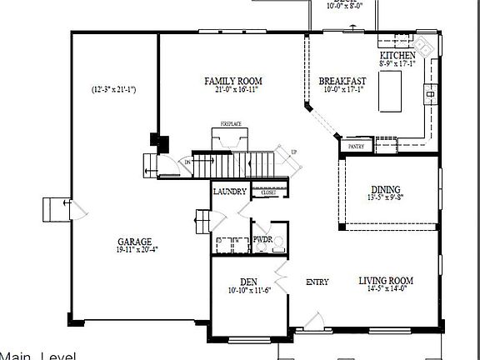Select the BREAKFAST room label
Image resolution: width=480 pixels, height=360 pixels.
click(x=343, y=81)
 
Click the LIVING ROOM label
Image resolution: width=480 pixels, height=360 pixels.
click(x=386, y=281)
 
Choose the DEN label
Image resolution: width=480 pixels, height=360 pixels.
click(x=247, y=281)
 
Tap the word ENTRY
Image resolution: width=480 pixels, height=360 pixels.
click(x=317, y=282)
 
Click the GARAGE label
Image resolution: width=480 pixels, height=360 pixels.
click(x=134, y=242)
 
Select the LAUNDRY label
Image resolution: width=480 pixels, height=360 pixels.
click(x=229, y=192)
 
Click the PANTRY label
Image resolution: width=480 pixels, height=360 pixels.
click(x=356, y=147)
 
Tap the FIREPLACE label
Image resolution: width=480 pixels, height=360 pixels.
click(x=231, y=124)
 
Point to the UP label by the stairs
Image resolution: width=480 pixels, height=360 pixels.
click(x=293, y=152)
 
